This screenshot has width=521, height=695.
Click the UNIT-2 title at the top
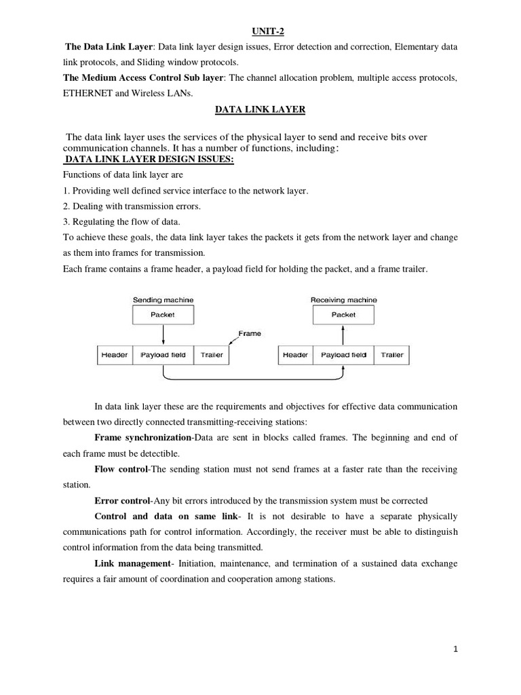[x=260, y=31]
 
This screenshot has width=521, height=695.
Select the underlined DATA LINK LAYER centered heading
[x=260, y=108]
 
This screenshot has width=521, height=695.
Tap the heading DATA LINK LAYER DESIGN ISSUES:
[x=149, y=159]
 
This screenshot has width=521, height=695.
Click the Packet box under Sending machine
[x=163, y=314]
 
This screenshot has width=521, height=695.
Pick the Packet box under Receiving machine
[x=343, y=314]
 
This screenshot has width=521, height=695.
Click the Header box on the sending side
[x=114, y=355]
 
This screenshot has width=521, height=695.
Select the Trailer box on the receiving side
[x=392, y=355]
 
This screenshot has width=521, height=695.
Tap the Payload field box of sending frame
[x=163, y=355]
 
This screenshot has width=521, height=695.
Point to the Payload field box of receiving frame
[x=343, y=355]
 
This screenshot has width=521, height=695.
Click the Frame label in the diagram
[x=250, y=333]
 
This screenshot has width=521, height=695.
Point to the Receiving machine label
[x=344, y=299]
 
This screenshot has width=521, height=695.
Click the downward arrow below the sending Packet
[x=163, y=334]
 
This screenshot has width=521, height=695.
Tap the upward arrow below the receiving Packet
[x=343, y=334]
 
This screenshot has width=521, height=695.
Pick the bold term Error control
[x=122, y=501]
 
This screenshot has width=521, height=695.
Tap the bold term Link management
[x=133, y=564]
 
